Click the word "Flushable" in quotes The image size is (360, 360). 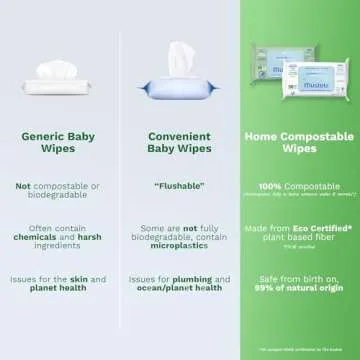pyautogui.click(x=180, y=214)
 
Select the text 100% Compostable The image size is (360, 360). pyautogui.click(x=299, y=213)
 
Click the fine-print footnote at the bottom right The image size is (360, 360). pyautogui.click(x=300, y=347)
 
